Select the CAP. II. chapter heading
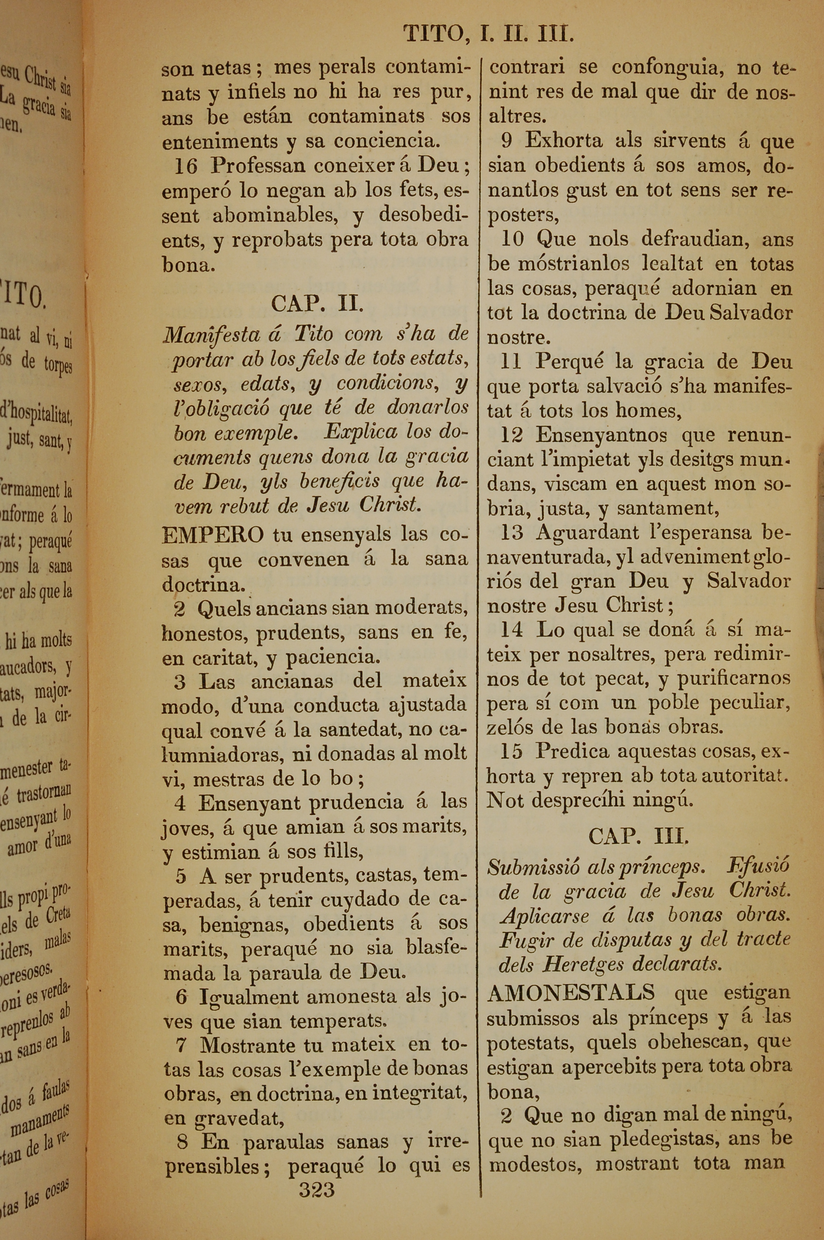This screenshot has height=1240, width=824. (317, 304)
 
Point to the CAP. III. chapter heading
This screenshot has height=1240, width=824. (638, 836)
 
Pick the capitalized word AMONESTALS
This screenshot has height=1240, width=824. (571, 992)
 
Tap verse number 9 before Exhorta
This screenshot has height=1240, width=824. (507, 141)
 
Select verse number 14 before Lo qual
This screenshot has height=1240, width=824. (511, 630)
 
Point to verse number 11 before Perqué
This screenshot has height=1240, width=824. (511, 362)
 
